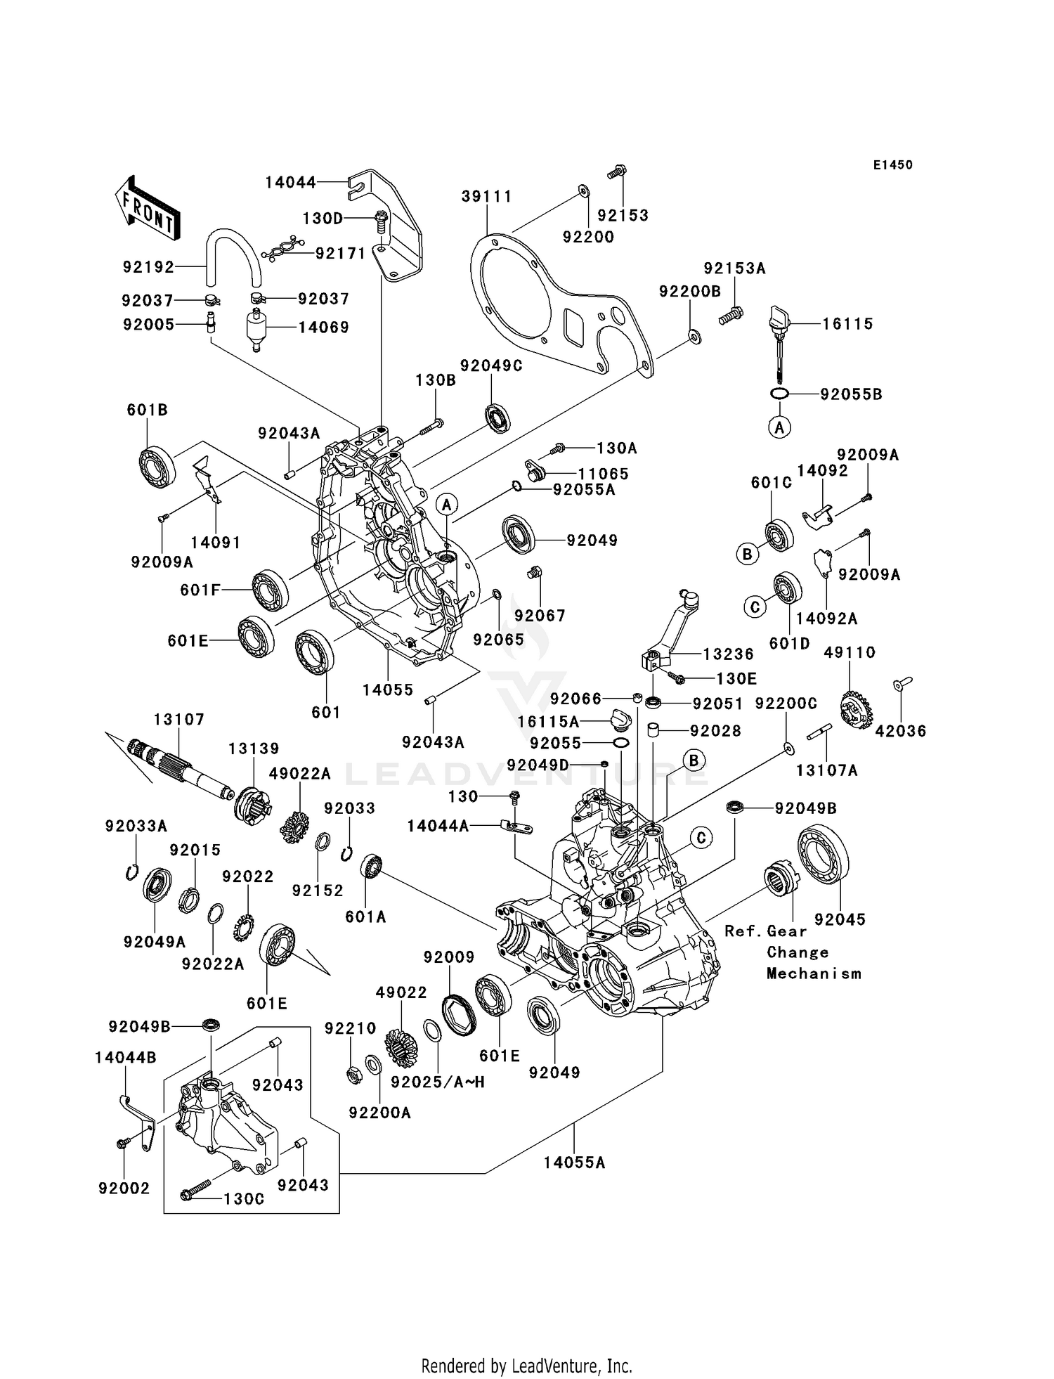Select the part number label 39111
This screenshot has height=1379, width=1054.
click(486, 196)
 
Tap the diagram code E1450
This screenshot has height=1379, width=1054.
click(892, 165)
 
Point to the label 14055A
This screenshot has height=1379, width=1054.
click(574, 1163)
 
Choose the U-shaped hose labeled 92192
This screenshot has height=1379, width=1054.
click(233, 253)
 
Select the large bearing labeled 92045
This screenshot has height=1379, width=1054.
click(824, 862)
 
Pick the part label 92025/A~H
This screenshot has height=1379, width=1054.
click(438, 1082)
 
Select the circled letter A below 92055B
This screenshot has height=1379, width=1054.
click(779, 427)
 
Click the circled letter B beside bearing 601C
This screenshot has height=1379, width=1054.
click(747, 555)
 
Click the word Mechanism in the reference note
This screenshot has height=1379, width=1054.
click(814, 974)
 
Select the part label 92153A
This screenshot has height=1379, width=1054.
click(734, 268)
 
